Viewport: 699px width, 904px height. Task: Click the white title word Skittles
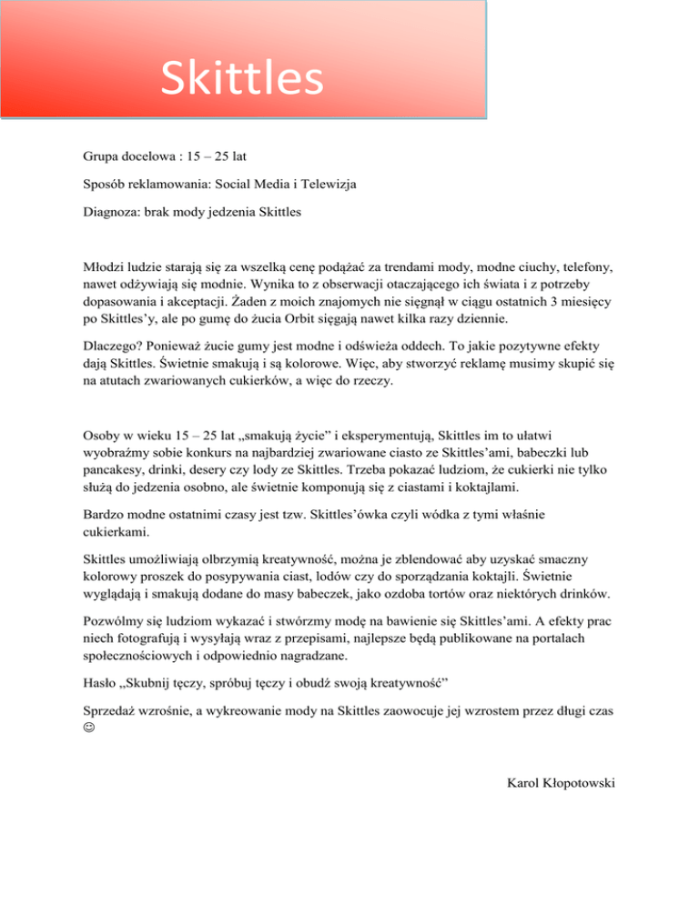(241, 77)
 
